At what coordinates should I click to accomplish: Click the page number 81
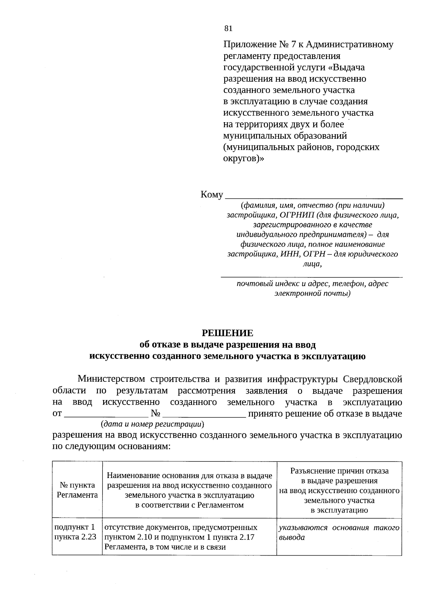228,29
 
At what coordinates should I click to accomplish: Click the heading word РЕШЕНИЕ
227,333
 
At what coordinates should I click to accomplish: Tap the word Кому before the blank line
212,195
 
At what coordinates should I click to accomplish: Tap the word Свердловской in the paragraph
372,379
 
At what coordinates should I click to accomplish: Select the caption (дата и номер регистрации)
153,424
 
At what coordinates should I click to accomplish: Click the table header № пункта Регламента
77,490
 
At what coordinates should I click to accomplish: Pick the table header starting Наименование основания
189,490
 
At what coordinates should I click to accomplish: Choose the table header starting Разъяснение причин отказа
339,490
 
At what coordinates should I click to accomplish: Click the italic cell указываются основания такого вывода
339,532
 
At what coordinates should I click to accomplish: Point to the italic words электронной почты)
312,293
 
